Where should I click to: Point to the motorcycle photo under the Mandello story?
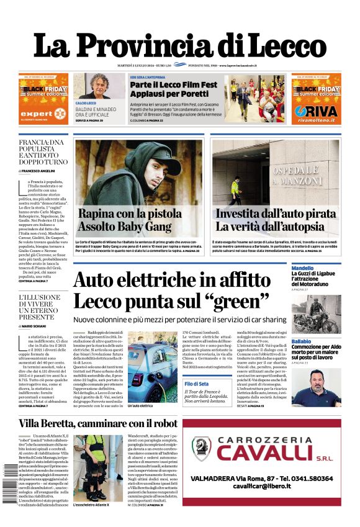316,313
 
